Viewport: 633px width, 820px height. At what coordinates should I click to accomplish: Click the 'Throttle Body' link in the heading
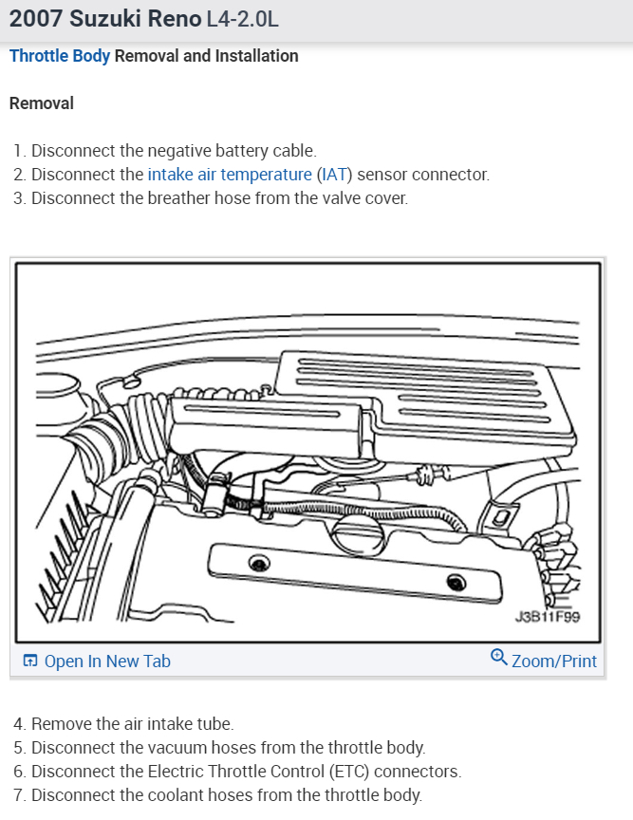60,56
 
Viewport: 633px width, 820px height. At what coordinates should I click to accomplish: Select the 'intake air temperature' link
229,175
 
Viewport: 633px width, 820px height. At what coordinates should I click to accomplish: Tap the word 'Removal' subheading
41,102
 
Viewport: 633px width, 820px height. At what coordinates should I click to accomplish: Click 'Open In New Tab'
106,662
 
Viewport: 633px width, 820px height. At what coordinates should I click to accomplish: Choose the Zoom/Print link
554,661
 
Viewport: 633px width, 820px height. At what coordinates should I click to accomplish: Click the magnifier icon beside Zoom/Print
499,658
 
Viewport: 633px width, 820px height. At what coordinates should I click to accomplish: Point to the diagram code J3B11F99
547,616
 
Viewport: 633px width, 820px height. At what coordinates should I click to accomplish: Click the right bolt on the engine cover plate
456,581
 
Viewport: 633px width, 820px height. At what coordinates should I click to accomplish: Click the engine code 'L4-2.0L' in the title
243,19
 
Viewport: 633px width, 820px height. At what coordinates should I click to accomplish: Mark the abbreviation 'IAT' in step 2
334,175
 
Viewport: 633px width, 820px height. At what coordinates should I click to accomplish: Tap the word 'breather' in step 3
179,199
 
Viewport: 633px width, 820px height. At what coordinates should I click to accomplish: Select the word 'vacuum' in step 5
177,748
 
